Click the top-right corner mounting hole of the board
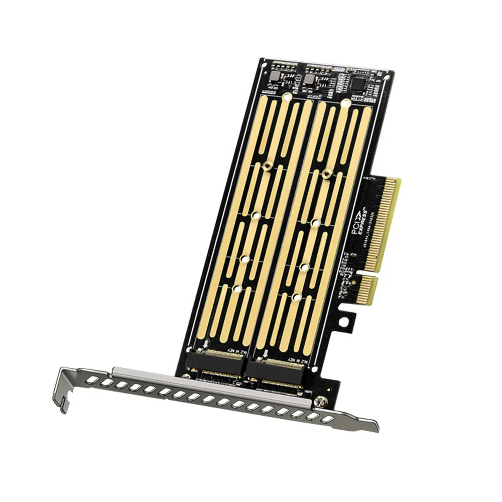[x=385, y=78]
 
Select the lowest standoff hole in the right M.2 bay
[x=296, y=297]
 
